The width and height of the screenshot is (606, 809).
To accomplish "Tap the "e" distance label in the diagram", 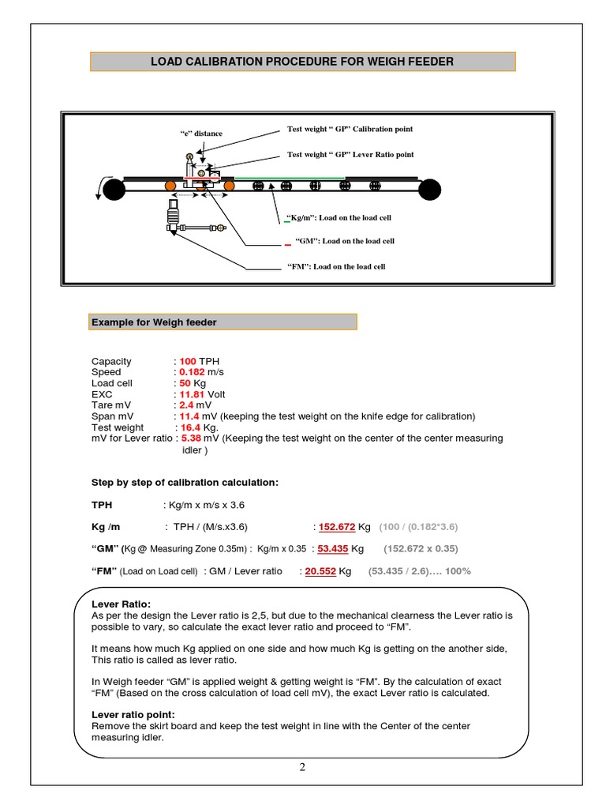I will click(201, 134).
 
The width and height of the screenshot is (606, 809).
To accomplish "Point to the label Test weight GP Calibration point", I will click(350, 129).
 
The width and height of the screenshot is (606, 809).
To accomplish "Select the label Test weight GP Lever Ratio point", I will click(350, 155).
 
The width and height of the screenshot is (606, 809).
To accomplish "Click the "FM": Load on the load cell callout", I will click(336, 267).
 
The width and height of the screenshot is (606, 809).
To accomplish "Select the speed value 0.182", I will click(193, 371).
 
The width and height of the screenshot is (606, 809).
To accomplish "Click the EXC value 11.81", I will click(192, 393).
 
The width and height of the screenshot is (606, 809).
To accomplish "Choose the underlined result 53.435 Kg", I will click(333, 548).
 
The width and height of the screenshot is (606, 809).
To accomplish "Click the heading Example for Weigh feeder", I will click(154, 322).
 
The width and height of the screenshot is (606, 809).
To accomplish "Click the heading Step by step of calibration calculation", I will click(185, 482).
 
